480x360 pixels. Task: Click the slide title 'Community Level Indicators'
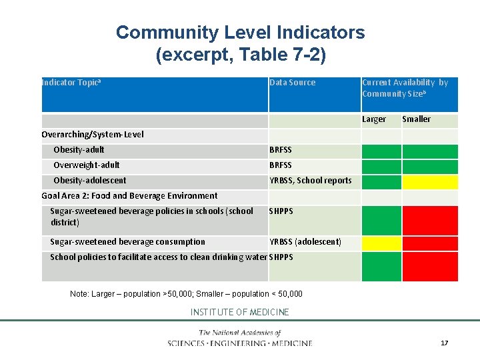[x=240, y=32]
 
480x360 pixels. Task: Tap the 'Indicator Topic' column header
[x=71, y=83]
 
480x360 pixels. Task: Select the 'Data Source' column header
[x=292, y=83]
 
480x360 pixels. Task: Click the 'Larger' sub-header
[x=373, y=119]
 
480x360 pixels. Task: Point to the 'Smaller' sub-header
[x=416, y=119]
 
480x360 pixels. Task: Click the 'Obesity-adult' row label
[x=79, y=149]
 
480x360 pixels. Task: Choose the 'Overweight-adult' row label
[x=87, y=165]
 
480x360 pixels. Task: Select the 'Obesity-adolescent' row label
[x=89, y=180]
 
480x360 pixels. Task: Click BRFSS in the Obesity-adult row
[x=281, y=149]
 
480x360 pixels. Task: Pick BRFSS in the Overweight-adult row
[x=281, y=165]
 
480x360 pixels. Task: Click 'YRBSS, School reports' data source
[x=310, y=180]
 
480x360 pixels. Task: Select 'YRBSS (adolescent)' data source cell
[x=305, y=241]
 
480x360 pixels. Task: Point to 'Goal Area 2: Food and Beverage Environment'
[x=129, y=195]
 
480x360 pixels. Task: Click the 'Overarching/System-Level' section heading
[x=92, y=134]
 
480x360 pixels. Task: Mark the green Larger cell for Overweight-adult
[x=381, y=165]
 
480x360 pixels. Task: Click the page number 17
[x=444, y=343]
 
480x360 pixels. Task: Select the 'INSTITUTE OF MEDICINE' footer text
[x=240, y=312]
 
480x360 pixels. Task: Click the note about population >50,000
[x=186, y=293]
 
